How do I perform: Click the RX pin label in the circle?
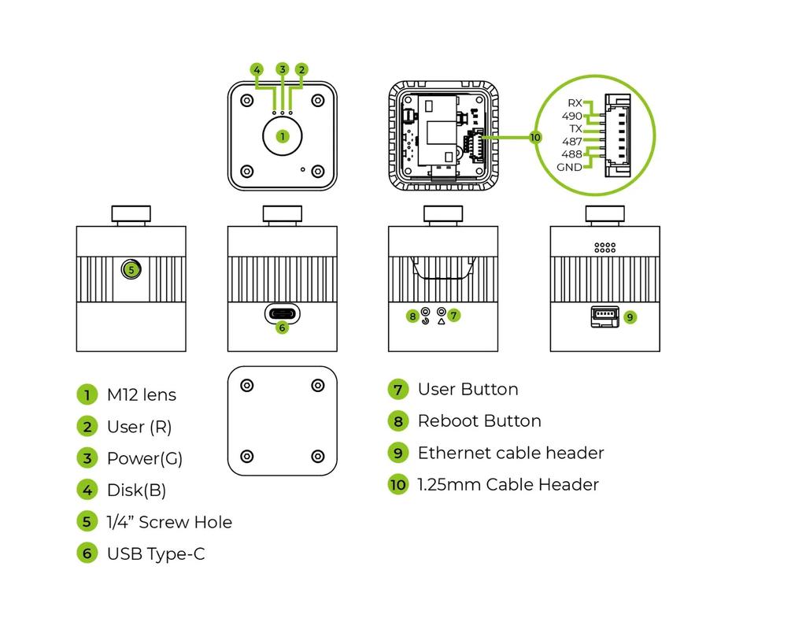tap(575, 103)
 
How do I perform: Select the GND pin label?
tap(569, 167)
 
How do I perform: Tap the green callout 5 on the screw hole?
tap(131, 269)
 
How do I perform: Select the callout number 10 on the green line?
tap(535, 136)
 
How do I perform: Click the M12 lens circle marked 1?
tap(283, 136)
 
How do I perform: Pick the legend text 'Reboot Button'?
tap(479, 421)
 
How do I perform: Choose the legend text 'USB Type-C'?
tap(155, 554)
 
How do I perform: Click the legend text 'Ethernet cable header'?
tap(510, 453)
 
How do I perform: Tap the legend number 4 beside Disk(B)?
tap(87, 490)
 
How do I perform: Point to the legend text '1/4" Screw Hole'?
tap(168, 522)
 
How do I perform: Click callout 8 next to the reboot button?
tap(412, 316)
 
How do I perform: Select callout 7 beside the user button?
tap(454, 315)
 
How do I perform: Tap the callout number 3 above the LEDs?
tap(283, 69)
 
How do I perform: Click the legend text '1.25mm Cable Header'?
tap(508, 485)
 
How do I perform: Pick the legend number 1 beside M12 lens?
tap(87, 395)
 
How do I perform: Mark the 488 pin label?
tap(571, 154)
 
